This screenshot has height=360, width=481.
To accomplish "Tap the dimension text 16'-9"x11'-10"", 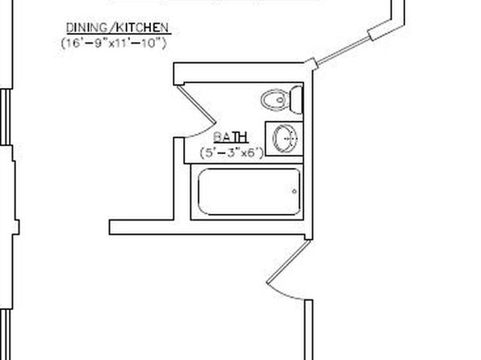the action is click(114, 43).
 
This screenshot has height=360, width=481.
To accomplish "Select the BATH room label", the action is click(231, 137).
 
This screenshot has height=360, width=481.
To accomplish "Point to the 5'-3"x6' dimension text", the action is click(232, 153).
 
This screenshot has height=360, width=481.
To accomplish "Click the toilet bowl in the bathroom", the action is click(275, 100).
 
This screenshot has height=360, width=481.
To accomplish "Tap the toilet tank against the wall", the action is click(296, 100).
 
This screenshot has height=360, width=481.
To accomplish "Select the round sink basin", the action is click(285, 138).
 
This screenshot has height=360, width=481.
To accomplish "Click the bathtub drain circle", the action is click(295, 191).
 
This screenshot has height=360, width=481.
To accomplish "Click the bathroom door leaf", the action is click(196, 104).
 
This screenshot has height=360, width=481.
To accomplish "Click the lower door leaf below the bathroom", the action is click(288, 262).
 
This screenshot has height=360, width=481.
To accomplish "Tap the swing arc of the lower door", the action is click(284, 294).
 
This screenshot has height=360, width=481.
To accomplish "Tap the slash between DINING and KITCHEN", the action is click(112, 27).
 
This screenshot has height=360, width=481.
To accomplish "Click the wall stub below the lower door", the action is click(308, 330).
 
